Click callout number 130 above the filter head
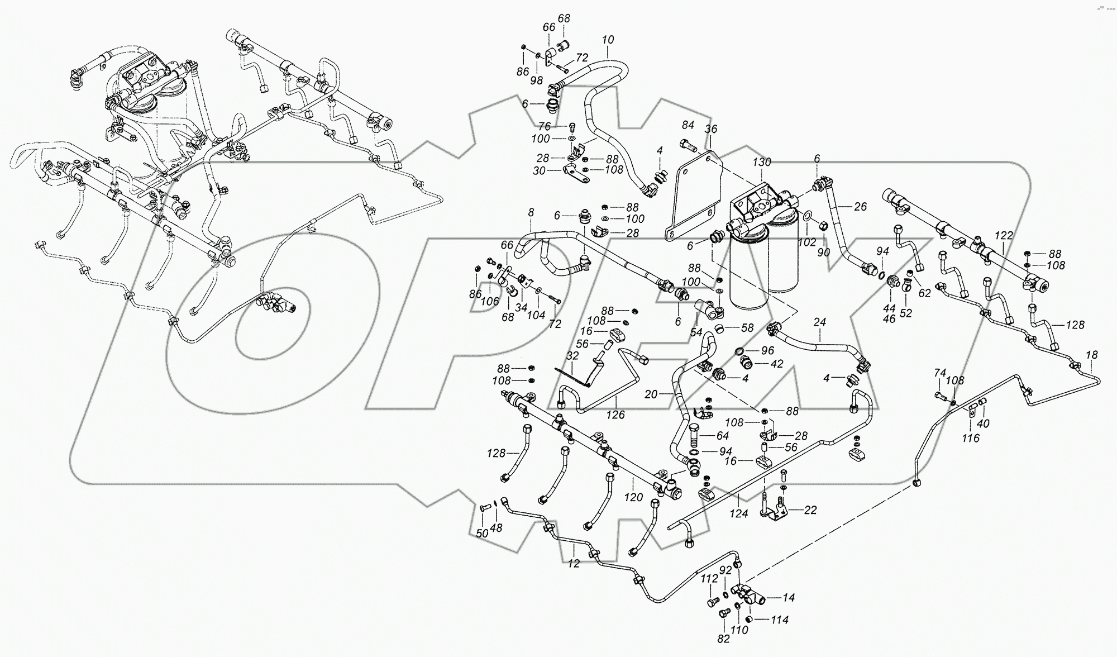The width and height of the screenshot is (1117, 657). coord(762,163)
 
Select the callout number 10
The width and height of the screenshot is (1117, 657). coord(608,40)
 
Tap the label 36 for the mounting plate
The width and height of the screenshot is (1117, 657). coord(710,129)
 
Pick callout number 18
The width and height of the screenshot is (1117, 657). coord(1091,355)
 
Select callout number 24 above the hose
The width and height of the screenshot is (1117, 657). coord(819,322)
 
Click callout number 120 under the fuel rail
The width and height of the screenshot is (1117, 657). coord(634,497)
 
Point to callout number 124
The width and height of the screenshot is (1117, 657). coord(739,513)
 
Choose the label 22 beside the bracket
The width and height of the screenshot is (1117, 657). coord(810,510)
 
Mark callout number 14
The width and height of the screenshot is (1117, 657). coord(788,598)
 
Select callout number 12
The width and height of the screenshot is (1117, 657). coord(574,564)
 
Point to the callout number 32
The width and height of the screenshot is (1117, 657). coord(572,355)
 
